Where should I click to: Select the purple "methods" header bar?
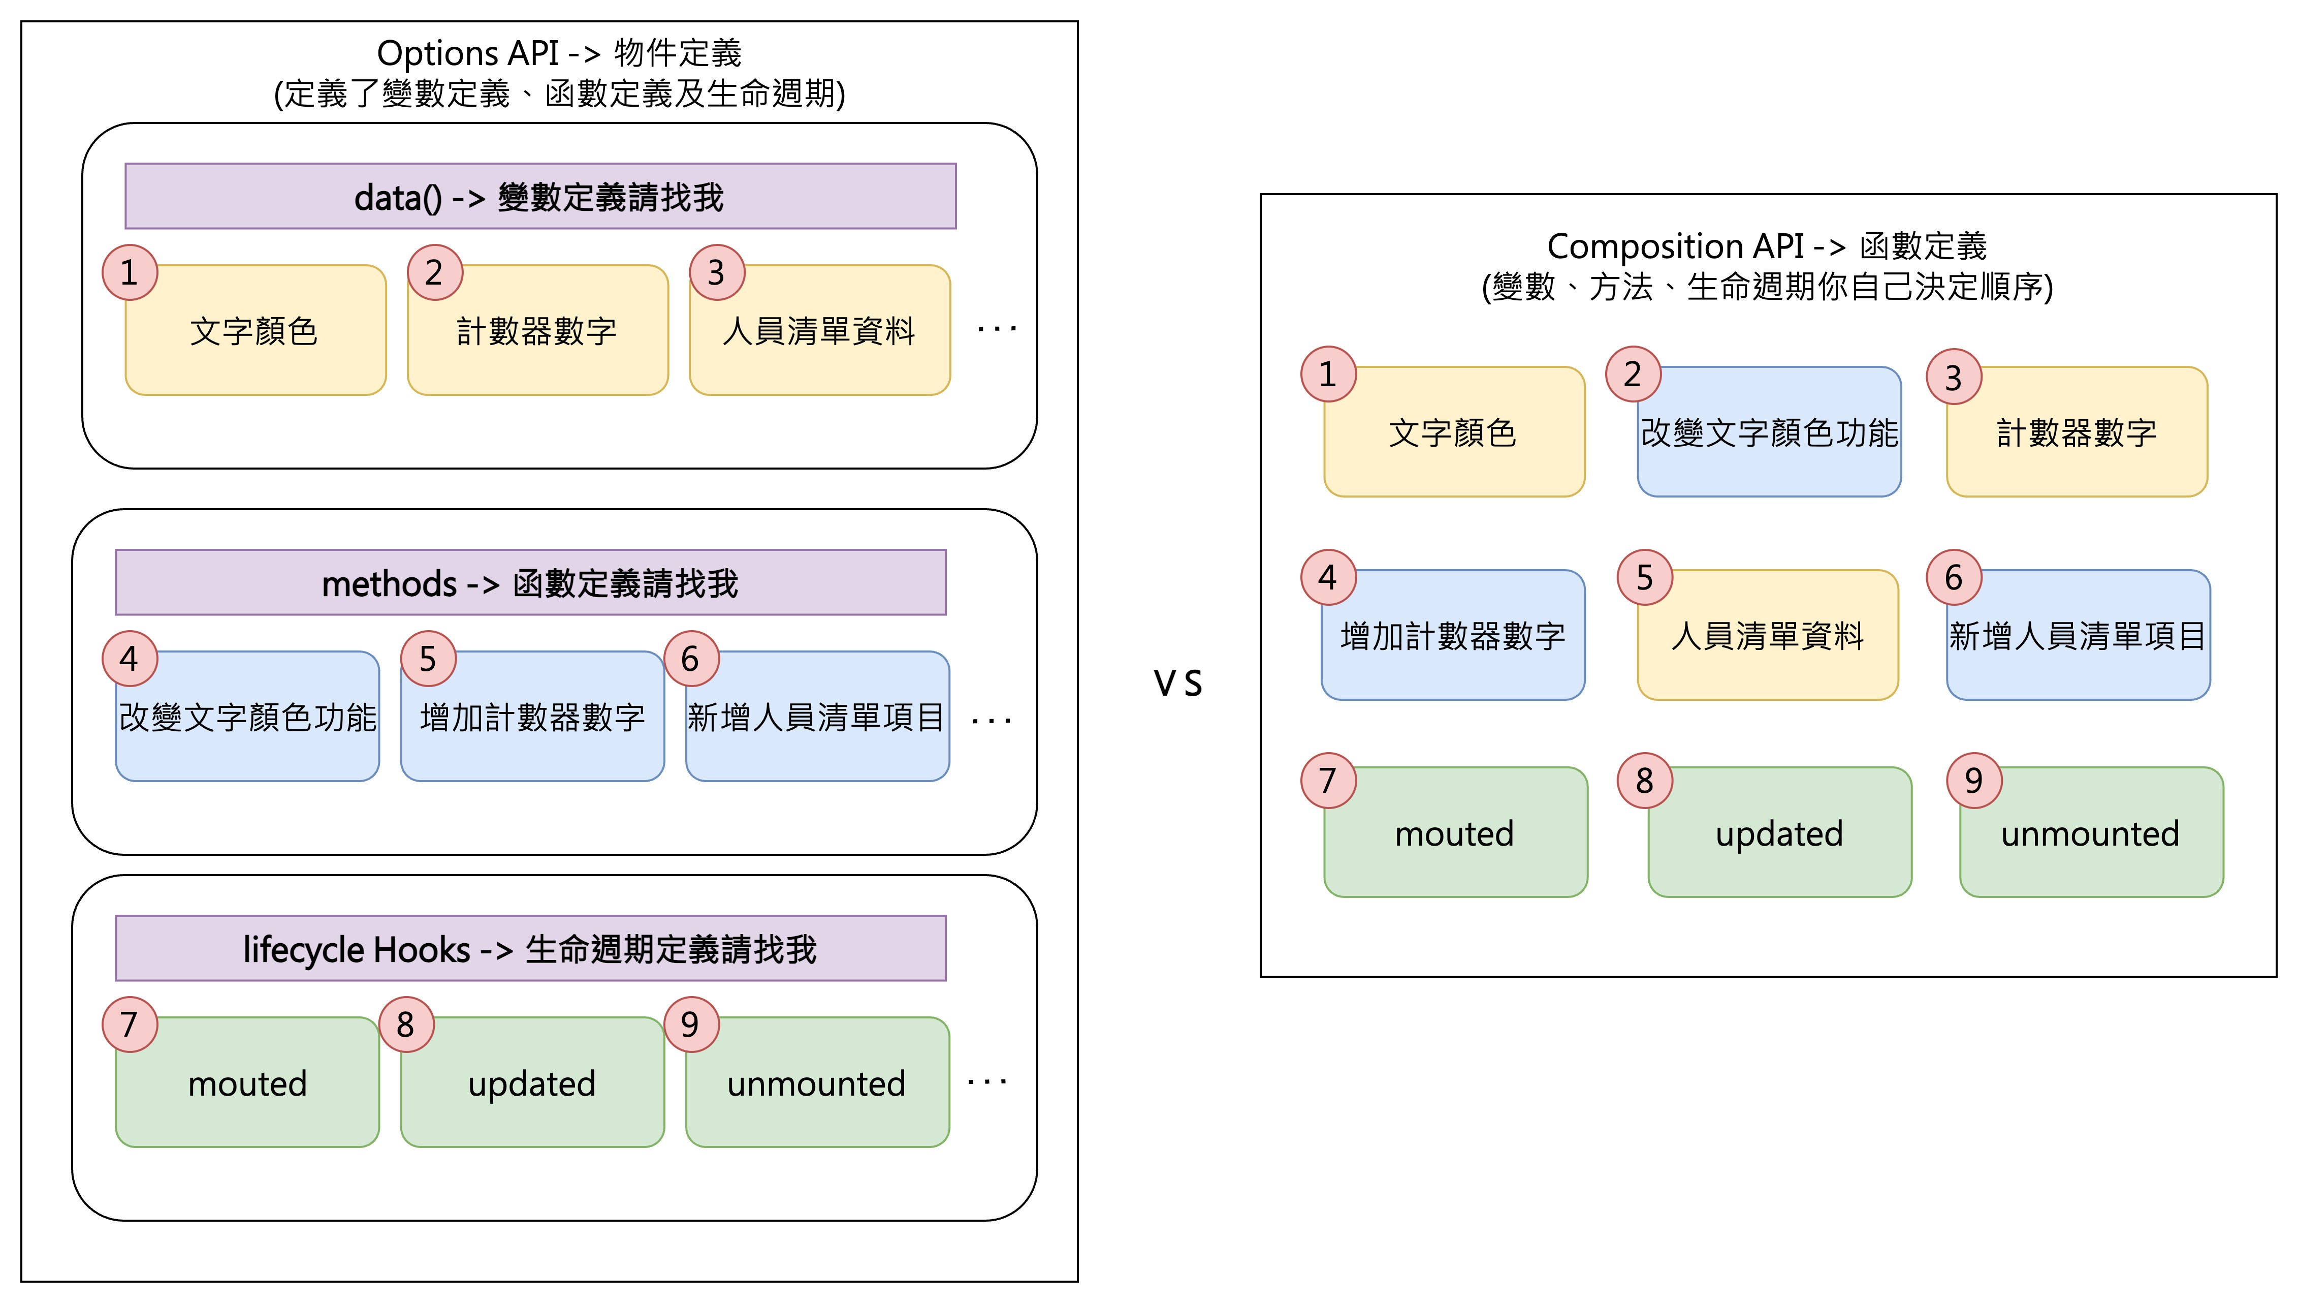click(x=530, y=582)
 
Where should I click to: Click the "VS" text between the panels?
click(x=1177, y=684)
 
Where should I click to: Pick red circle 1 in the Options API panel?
click(x=130, y=272)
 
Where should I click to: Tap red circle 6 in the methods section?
click(x=690, y=659)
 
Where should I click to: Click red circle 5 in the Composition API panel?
click(x=1644, y=577)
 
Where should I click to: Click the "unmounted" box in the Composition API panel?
click(x=2090, y=833)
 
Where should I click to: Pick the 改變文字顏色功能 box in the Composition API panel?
click(x=1768, y=433)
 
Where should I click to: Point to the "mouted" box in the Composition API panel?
click(x=1454, y=833)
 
